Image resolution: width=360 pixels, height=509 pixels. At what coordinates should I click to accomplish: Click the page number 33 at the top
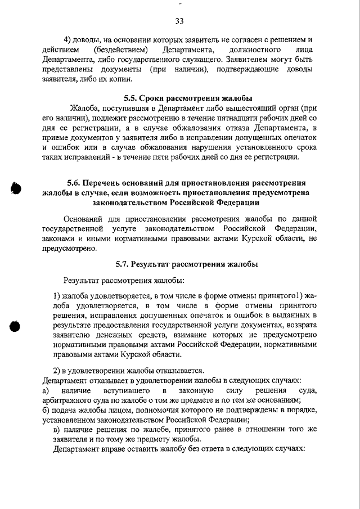click(179, 21)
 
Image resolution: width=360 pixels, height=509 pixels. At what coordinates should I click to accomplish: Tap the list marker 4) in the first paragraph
click(69, 39)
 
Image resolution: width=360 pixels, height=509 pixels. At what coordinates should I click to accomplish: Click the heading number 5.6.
click(76, 183)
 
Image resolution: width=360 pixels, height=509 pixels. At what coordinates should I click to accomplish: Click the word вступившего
click(125, 390)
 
